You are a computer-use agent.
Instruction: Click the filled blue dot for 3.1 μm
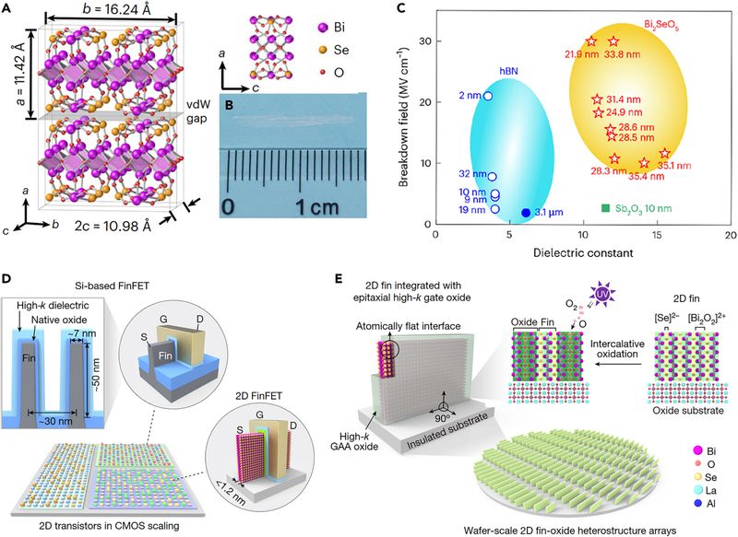click(526, 213)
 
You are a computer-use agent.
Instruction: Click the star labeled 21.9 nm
click(591, 41)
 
